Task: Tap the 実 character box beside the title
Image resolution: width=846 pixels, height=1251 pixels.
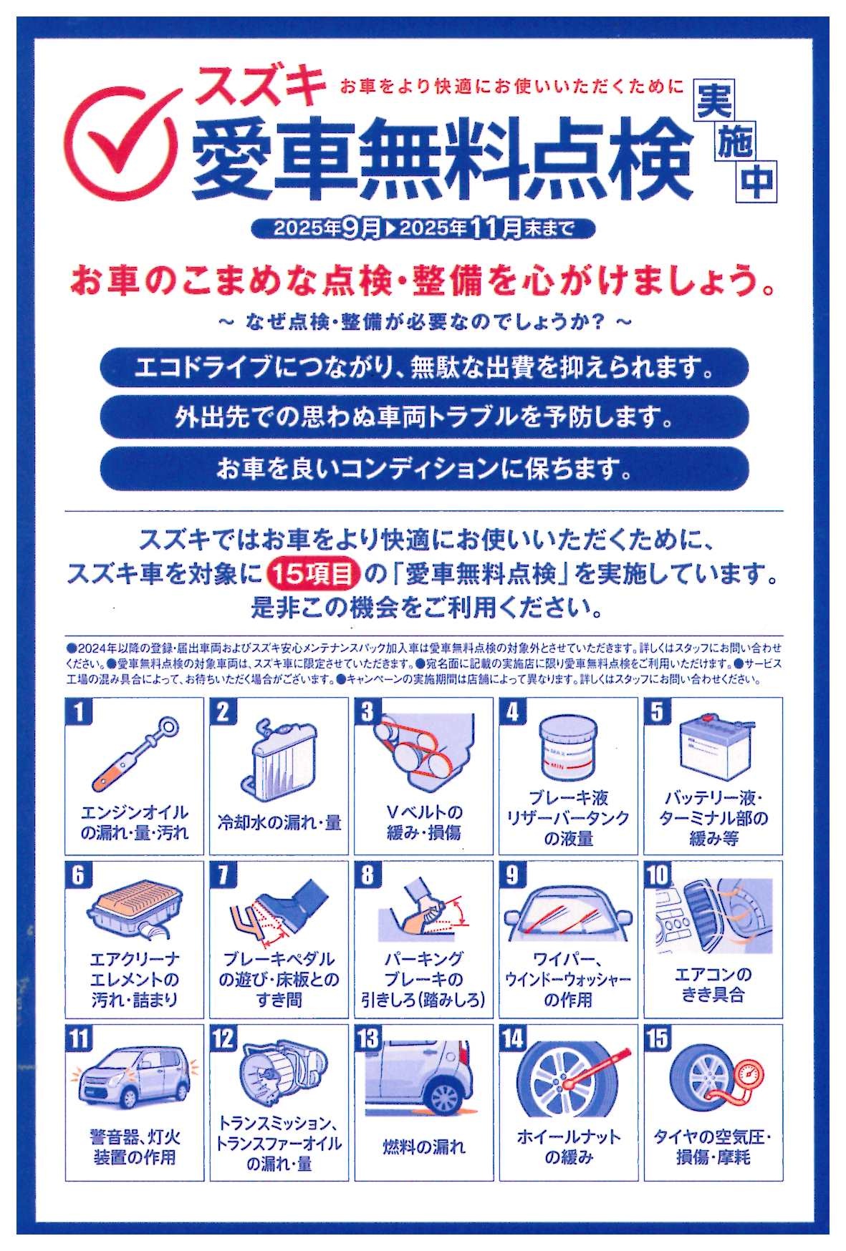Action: [x=714, y=102]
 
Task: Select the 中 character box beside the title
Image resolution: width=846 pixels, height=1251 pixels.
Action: [x=757, y=182]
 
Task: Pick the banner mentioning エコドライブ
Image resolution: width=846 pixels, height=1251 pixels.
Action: [x=424, y=369]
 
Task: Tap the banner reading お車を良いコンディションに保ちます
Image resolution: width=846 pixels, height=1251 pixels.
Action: [x=424, y=469]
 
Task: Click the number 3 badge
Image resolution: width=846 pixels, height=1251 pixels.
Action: [x=367, y=712]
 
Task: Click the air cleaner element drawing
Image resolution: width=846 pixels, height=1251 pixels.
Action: [x=133, y=912]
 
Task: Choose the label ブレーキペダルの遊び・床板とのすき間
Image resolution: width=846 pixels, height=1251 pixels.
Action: [x=279, y=980]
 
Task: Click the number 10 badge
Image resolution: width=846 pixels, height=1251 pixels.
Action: [x=658, y=875]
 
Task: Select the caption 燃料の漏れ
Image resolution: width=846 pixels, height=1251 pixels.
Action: [x=423, y=1147]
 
